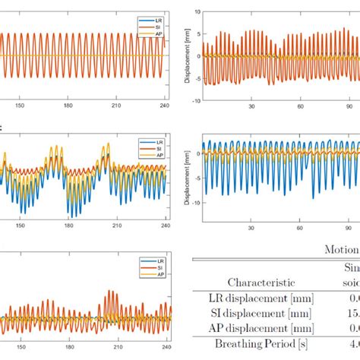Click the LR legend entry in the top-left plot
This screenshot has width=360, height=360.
pos(151,19)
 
